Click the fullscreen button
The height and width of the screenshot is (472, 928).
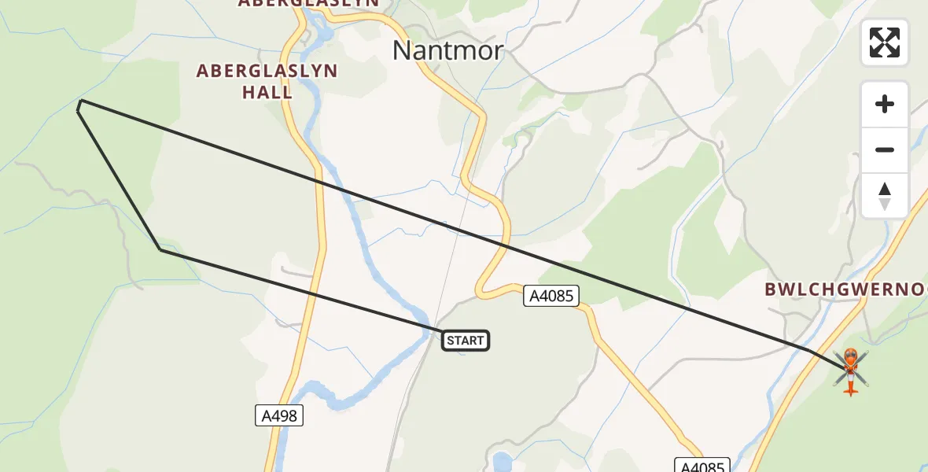pyautogui.click(x=885, y=42)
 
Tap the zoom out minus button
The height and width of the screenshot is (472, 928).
pyautogui.click(x=885, y=149)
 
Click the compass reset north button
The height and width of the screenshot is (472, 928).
pyautogui.click(x=885, y=195)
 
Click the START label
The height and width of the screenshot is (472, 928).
pyautogui.click(x=466, y=341)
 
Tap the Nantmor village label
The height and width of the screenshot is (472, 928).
pyautogui.click(x=447, y=50)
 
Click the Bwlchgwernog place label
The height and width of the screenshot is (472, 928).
pyautogui.click(x=845, y=289)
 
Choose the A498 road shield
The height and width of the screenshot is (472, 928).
pyautogui.click(x=279, y=415)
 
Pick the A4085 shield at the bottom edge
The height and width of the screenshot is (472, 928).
pyautogui.click(x=702, y=466)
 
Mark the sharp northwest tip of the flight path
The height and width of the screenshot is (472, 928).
pyautogui.click(x=80, y=101)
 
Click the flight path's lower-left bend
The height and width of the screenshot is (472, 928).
pyautogui.click(x=160, y=249)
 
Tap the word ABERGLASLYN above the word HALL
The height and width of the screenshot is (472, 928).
pyautogui.click(x=267, y=71)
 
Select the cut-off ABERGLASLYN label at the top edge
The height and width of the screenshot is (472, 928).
pyautogui.click(x=308, y=3)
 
